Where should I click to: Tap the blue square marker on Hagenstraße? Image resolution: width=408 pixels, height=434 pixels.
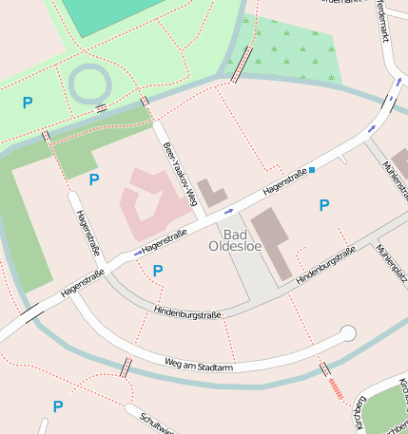click(312, 169)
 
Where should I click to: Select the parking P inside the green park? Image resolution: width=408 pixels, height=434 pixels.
click(28, 103)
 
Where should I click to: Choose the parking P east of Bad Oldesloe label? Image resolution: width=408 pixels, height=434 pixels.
click(324, 205)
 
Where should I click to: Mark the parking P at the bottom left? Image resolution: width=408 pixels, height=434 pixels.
click(58, 406)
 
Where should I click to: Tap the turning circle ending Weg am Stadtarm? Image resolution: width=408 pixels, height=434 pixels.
click(348, 332)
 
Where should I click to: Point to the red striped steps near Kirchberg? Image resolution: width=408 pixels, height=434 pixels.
click(336, 387)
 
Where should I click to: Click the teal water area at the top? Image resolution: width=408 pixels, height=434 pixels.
click(105, 14)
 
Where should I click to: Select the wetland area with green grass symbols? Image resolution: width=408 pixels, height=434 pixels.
click(295, 49)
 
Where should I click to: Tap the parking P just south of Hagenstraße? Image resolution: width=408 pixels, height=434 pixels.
click(158, 271)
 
